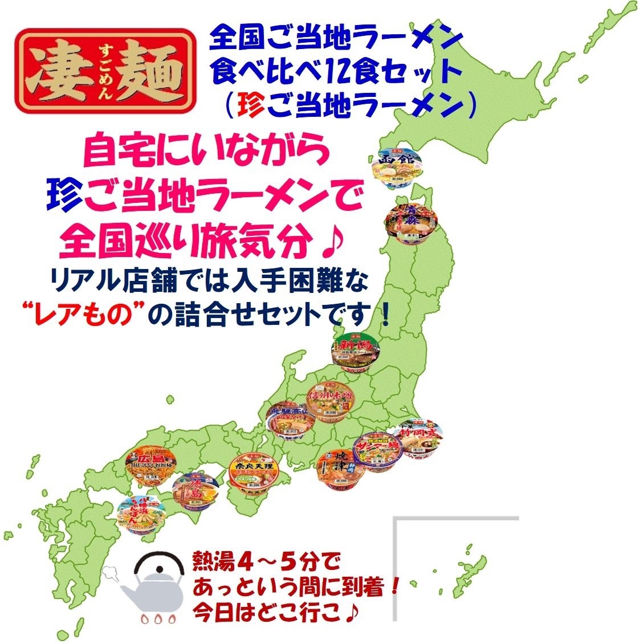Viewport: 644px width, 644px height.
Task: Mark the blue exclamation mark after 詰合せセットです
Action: (x=386, y=315)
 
